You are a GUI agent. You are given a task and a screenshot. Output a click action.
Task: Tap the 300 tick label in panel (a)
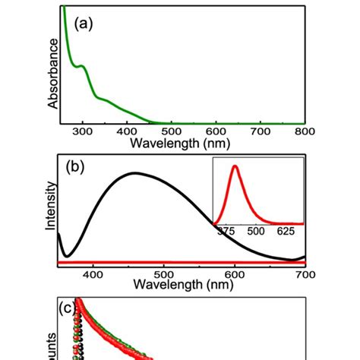(x=84, y=131)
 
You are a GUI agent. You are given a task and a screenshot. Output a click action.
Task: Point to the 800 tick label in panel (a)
(x=304, y=131)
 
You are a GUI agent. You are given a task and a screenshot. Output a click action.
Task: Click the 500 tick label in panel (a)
(x=172, y=131)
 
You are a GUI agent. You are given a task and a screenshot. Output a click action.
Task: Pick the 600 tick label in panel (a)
(x=216, y=131)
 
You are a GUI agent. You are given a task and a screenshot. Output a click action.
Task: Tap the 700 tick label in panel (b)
(x=304, y=273)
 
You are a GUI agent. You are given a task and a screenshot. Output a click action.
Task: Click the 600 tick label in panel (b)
(x=234, y=273)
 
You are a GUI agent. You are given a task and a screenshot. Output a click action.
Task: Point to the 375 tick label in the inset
(x=226, y=232)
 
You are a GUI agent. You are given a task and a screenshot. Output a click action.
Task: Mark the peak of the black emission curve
(x=136, y=173)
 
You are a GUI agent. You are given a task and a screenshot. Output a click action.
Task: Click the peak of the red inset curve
(x=235, y=166)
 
